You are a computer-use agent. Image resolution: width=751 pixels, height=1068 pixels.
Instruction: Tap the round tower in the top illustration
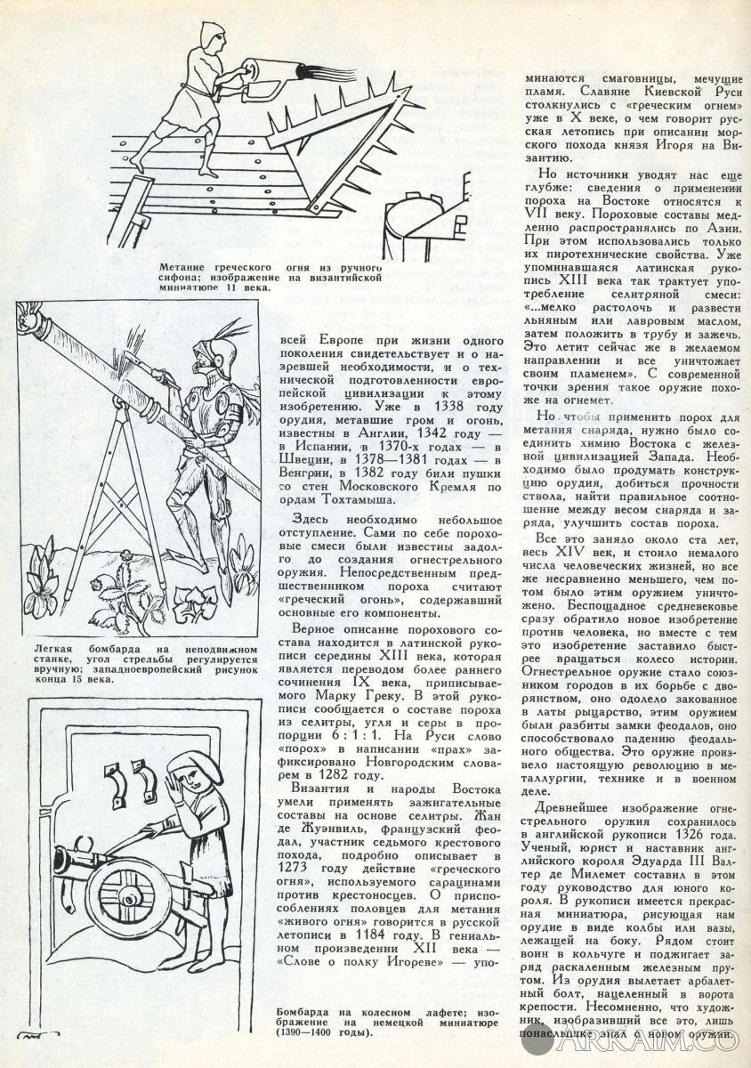click(418, 222)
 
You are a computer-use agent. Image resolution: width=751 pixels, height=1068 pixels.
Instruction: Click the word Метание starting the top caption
click(190, 267)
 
